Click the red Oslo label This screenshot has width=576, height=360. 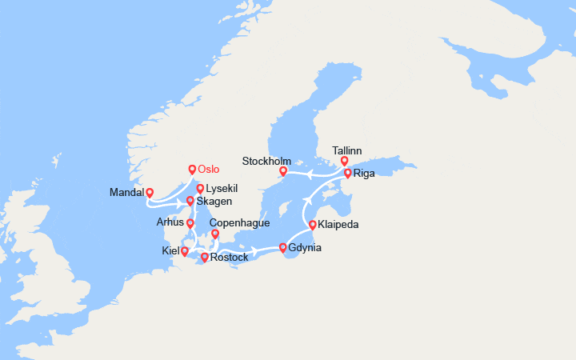[208, 169]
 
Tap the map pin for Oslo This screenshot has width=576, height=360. [192, 170]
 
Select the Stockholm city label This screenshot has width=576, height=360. [266, 162]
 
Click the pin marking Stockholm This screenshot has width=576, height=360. [283, 171]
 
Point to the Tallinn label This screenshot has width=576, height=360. [346, 150]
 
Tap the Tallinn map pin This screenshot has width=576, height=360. [345, 162]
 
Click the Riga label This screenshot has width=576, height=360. [364, 173]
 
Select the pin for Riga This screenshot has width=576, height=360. [347, 174]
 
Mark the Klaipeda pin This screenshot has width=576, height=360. [312, 226]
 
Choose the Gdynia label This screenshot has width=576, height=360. [305, 248]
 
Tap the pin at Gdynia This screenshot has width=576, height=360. [283, 248]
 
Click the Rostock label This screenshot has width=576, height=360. [229, 258]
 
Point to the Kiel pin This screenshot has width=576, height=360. [185, 252]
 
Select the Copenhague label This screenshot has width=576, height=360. [239, 222]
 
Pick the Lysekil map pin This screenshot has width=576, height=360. [200, 189]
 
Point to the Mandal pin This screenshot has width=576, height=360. [150, 193]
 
